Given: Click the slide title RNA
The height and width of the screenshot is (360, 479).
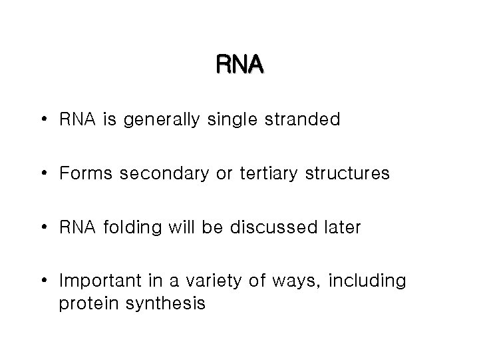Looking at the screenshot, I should pos(239,65).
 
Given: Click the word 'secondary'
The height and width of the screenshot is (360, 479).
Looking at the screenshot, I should pos(151,175).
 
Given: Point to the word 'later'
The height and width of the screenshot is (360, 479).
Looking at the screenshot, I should pos(341,227).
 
